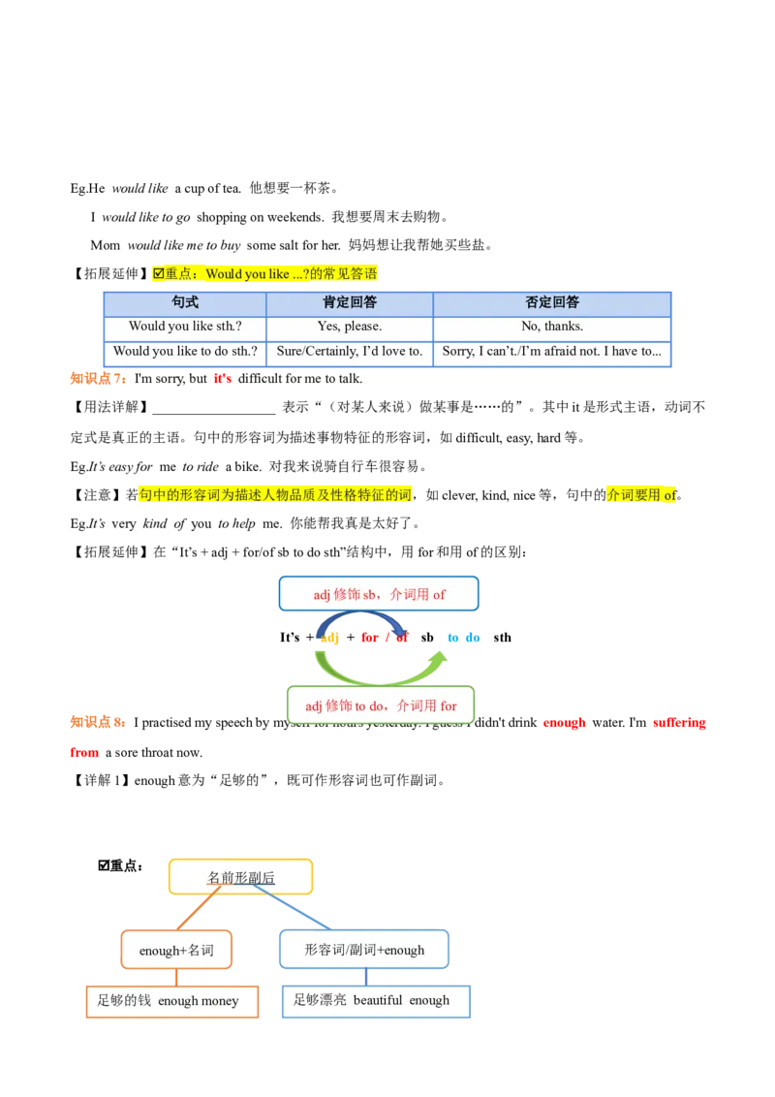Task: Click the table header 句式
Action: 184,302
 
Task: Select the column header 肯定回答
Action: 349,302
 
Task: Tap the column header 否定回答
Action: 552,302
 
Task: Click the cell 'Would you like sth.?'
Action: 184,327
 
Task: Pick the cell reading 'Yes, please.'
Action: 349,327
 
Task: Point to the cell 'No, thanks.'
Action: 552,327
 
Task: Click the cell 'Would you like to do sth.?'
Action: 184,351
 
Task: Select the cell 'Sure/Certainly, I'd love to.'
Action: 349,351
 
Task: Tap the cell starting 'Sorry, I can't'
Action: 552,351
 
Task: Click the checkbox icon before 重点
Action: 159,274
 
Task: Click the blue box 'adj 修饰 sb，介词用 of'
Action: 379,594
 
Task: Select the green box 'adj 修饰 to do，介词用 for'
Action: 381,705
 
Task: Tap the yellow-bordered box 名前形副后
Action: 240,877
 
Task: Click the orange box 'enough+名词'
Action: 176,950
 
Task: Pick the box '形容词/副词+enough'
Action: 364,950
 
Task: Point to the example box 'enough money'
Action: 172,1001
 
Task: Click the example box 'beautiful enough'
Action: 376,1000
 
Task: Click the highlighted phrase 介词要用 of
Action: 642,494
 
